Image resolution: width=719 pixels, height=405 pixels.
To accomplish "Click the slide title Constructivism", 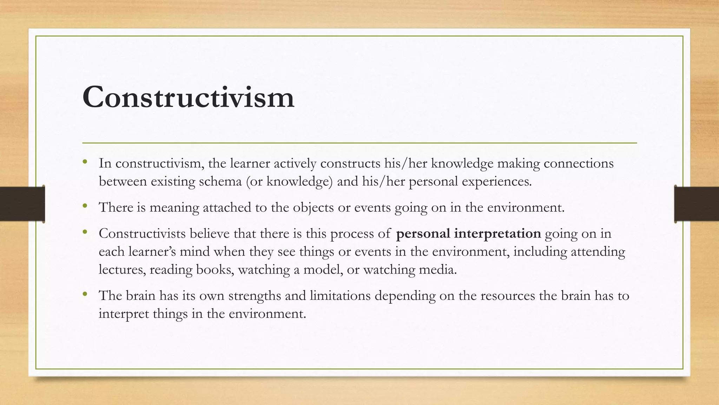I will click(x=188, y=97).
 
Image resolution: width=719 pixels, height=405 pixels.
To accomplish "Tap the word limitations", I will click(x=340, y=296).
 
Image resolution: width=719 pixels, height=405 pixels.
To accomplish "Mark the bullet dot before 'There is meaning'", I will click(x=85, y=206).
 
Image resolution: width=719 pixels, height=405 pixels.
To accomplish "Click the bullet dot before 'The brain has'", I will click(x=85, y=294).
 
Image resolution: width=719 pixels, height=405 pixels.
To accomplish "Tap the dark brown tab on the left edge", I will click(x=22, y=204).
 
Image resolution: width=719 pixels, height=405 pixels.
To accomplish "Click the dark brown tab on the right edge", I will click(x=697, y=204).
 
